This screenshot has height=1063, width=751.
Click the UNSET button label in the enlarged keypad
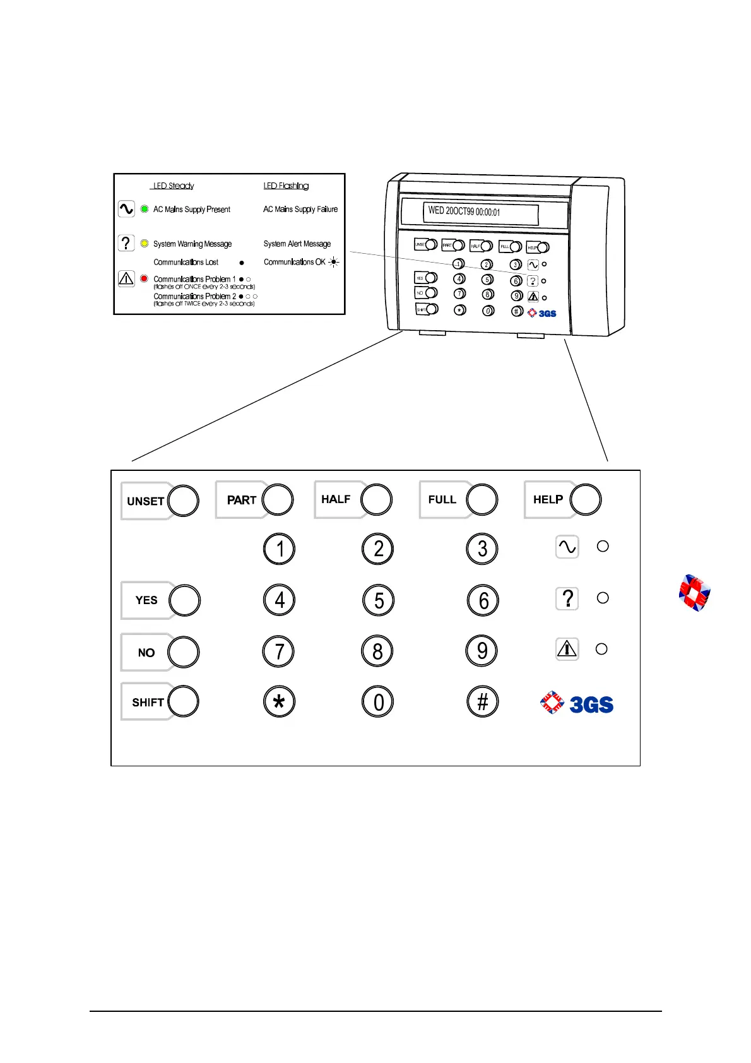pyautogui.click(x=145, y=501)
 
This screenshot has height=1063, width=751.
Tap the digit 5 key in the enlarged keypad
pyautogui.click(x=379, y=600)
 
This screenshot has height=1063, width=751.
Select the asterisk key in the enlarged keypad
pyautogui.click(x=279, y=702)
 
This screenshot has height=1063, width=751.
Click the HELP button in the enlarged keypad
pyautogui.click(x=585, y=500)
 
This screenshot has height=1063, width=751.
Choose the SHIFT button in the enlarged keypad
pyautogui.click(x=183, y=702)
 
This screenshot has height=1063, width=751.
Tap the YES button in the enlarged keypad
pyautogui.click(x=184, y=600)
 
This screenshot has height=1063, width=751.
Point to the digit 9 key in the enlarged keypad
pyautogui.click(x=482, y=651)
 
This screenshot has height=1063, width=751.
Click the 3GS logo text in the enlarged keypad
pyautogui.click(x=591, y=704)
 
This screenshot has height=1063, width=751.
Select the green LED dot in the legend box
pyautogui.click(x=145, y=209)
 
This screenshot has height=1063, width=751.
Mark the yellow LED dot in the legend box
pyautogui.click(x=145, y=244)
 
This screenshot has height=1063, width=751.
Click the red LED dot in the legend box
pyautogui.click(x=145, y=278)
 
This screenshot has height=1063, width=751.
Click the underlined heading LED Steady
pyautogui.click(x=174, y=186)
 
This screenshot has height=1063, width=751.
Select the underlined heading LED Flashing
pyautogui.click(x=286, y=186)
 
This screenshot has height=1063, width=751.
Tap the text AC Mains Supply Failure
pyautogui.click(x=300, y=209)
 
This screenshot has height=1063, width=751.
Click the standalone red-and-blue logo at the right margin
pyautogui.click(x=694, y=593)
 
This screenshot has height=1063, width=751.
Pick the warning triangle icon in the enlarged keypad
pyautogui.click(x=567, y=649)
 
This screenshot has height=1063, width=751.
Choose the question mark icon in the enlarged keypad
pyautogui.click(x=567, y=598)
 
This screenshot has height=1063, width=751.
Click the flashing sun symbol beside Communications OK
pyautogui.click(x=334, y=262)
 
